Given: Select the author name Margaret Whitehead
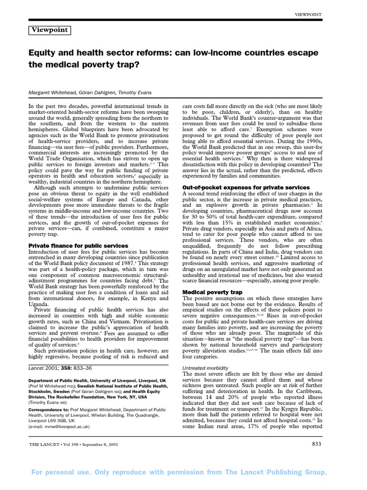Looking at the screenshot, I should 50,92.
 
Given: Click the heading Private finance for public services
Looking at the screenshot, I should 75,245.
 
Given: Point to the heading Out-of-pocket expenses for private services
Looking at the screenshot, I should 246,187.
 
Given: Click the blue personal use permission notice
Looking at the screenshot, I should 183,473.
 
